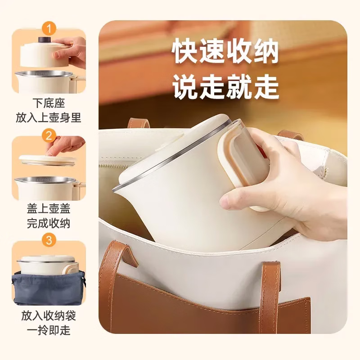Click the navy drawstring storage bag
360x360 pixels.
click(49, 288)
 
